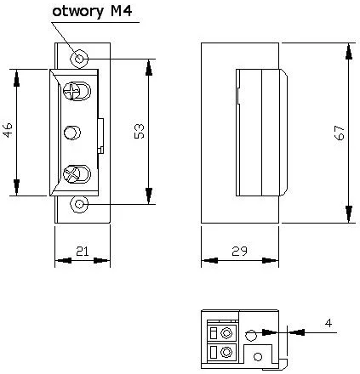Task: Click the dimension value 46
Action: pos(9,130)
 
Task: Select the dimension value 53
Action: pos(140,130)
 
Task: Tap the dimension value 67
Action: pos(339,132)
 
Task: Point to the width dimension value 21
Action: pos(83,250)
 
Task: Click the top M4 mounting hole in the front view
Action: pos(79,58)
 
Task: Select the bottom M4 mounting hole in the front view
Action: pos(79,205)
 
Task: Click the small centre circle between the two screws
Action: pos(74,132)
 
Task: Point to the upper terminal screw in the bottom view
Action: pos(225,331)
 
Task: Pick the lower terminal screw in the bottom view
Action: pos(225,351)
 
